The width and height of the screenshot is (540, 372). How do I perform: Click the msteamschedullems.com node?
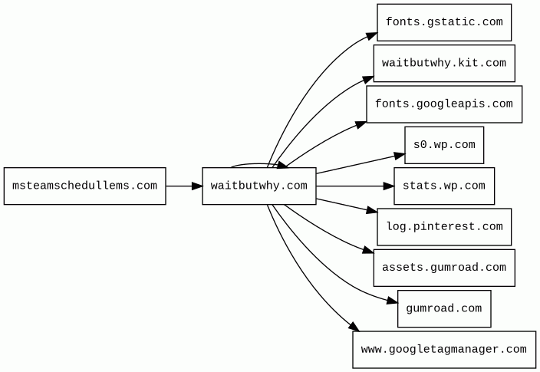tap(84, 186)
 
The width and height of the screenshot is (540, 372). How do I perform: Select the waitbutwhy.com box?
tap(259, 186)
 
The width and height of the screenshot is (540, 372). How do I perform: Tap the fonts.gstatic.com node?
tap(444, 22)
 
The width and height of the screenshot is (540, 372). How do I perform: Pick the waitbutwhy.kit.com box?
tap(444, 64)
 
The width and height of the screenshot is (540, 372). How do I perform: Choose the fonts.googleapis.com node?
tap(444, 104)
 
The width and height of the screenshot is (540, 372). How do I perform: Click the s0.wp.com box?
tap(444, 145)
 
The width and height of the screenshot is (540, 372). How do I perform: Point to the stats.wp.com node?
tap(444, 186)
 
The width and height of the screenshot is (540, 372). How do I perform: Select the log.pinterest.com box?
tap(444, 227)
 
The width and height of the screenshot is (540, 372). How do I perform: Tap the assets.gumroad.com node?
tap(444, 268)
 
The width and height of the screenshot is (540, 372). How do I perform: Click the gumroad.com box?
tap(444, 308)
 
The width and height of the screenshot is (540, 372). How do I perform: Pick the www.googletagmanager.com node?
tap(444, 350)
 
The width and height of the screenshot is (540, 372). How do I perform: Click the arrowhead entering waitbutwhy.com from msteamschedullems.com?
tap(197, 186)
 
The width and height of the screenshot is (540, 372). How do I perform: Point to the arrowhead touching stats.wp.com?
tap(389, 186)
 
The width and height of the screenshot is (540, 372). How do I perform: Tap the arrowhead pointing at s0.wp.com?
tap(400, 156)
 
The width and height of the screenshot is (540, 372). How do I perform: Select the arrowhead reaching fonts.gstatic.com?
tap(372, 36)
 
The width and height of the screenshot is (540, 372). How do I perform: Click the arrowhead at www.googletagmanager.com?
tap(354, 327)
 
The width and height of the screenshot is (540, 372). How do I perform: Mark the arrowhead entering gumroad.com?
tap(393, 301)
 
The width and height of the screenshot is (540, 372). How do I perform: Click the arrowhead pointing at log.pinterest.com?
tap(372, 209)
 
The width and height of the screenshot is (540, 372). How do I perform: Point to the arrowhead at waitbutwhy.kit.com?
tap(368, 80)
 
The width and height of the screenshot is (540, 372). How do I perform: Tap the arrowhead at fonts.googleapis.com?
tap(361, 125)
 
